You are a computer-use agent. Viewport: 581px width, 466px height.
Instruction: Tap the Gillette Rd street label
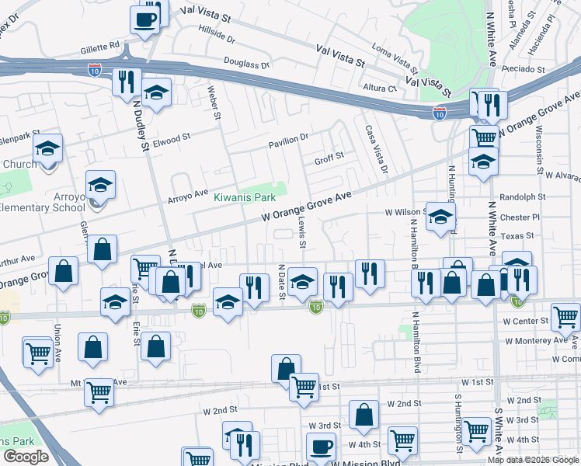[99, 46]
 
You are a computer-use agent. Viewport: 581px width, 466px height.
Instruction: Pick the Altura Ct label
[381, 88]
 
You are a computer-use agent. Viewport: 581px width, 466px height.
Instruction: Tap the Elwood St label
[172, 139]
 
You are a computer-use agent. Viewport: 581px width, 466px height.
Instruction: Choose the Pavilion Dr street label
[289, 137]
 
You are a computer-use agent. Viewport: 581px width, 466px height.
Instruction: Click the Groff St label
[329, 161]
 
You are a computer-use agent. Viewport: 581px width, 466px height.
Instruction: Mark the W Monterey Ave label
[536, 340]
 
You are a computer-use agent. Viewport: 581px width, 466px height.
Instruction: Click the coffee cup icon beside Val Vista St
[145, 19]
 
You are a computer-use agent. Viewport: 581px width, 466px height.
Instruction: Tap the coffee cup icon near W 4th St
[321, 447]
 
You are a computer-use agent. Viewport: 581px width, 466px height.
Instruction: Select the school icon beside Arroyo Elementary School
[100, 186]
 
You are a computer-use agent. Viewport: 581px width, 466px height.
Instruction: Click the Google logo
[26, 457]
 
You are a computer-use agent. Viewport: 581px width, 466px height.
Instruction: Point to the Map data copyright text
[534, 460]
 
